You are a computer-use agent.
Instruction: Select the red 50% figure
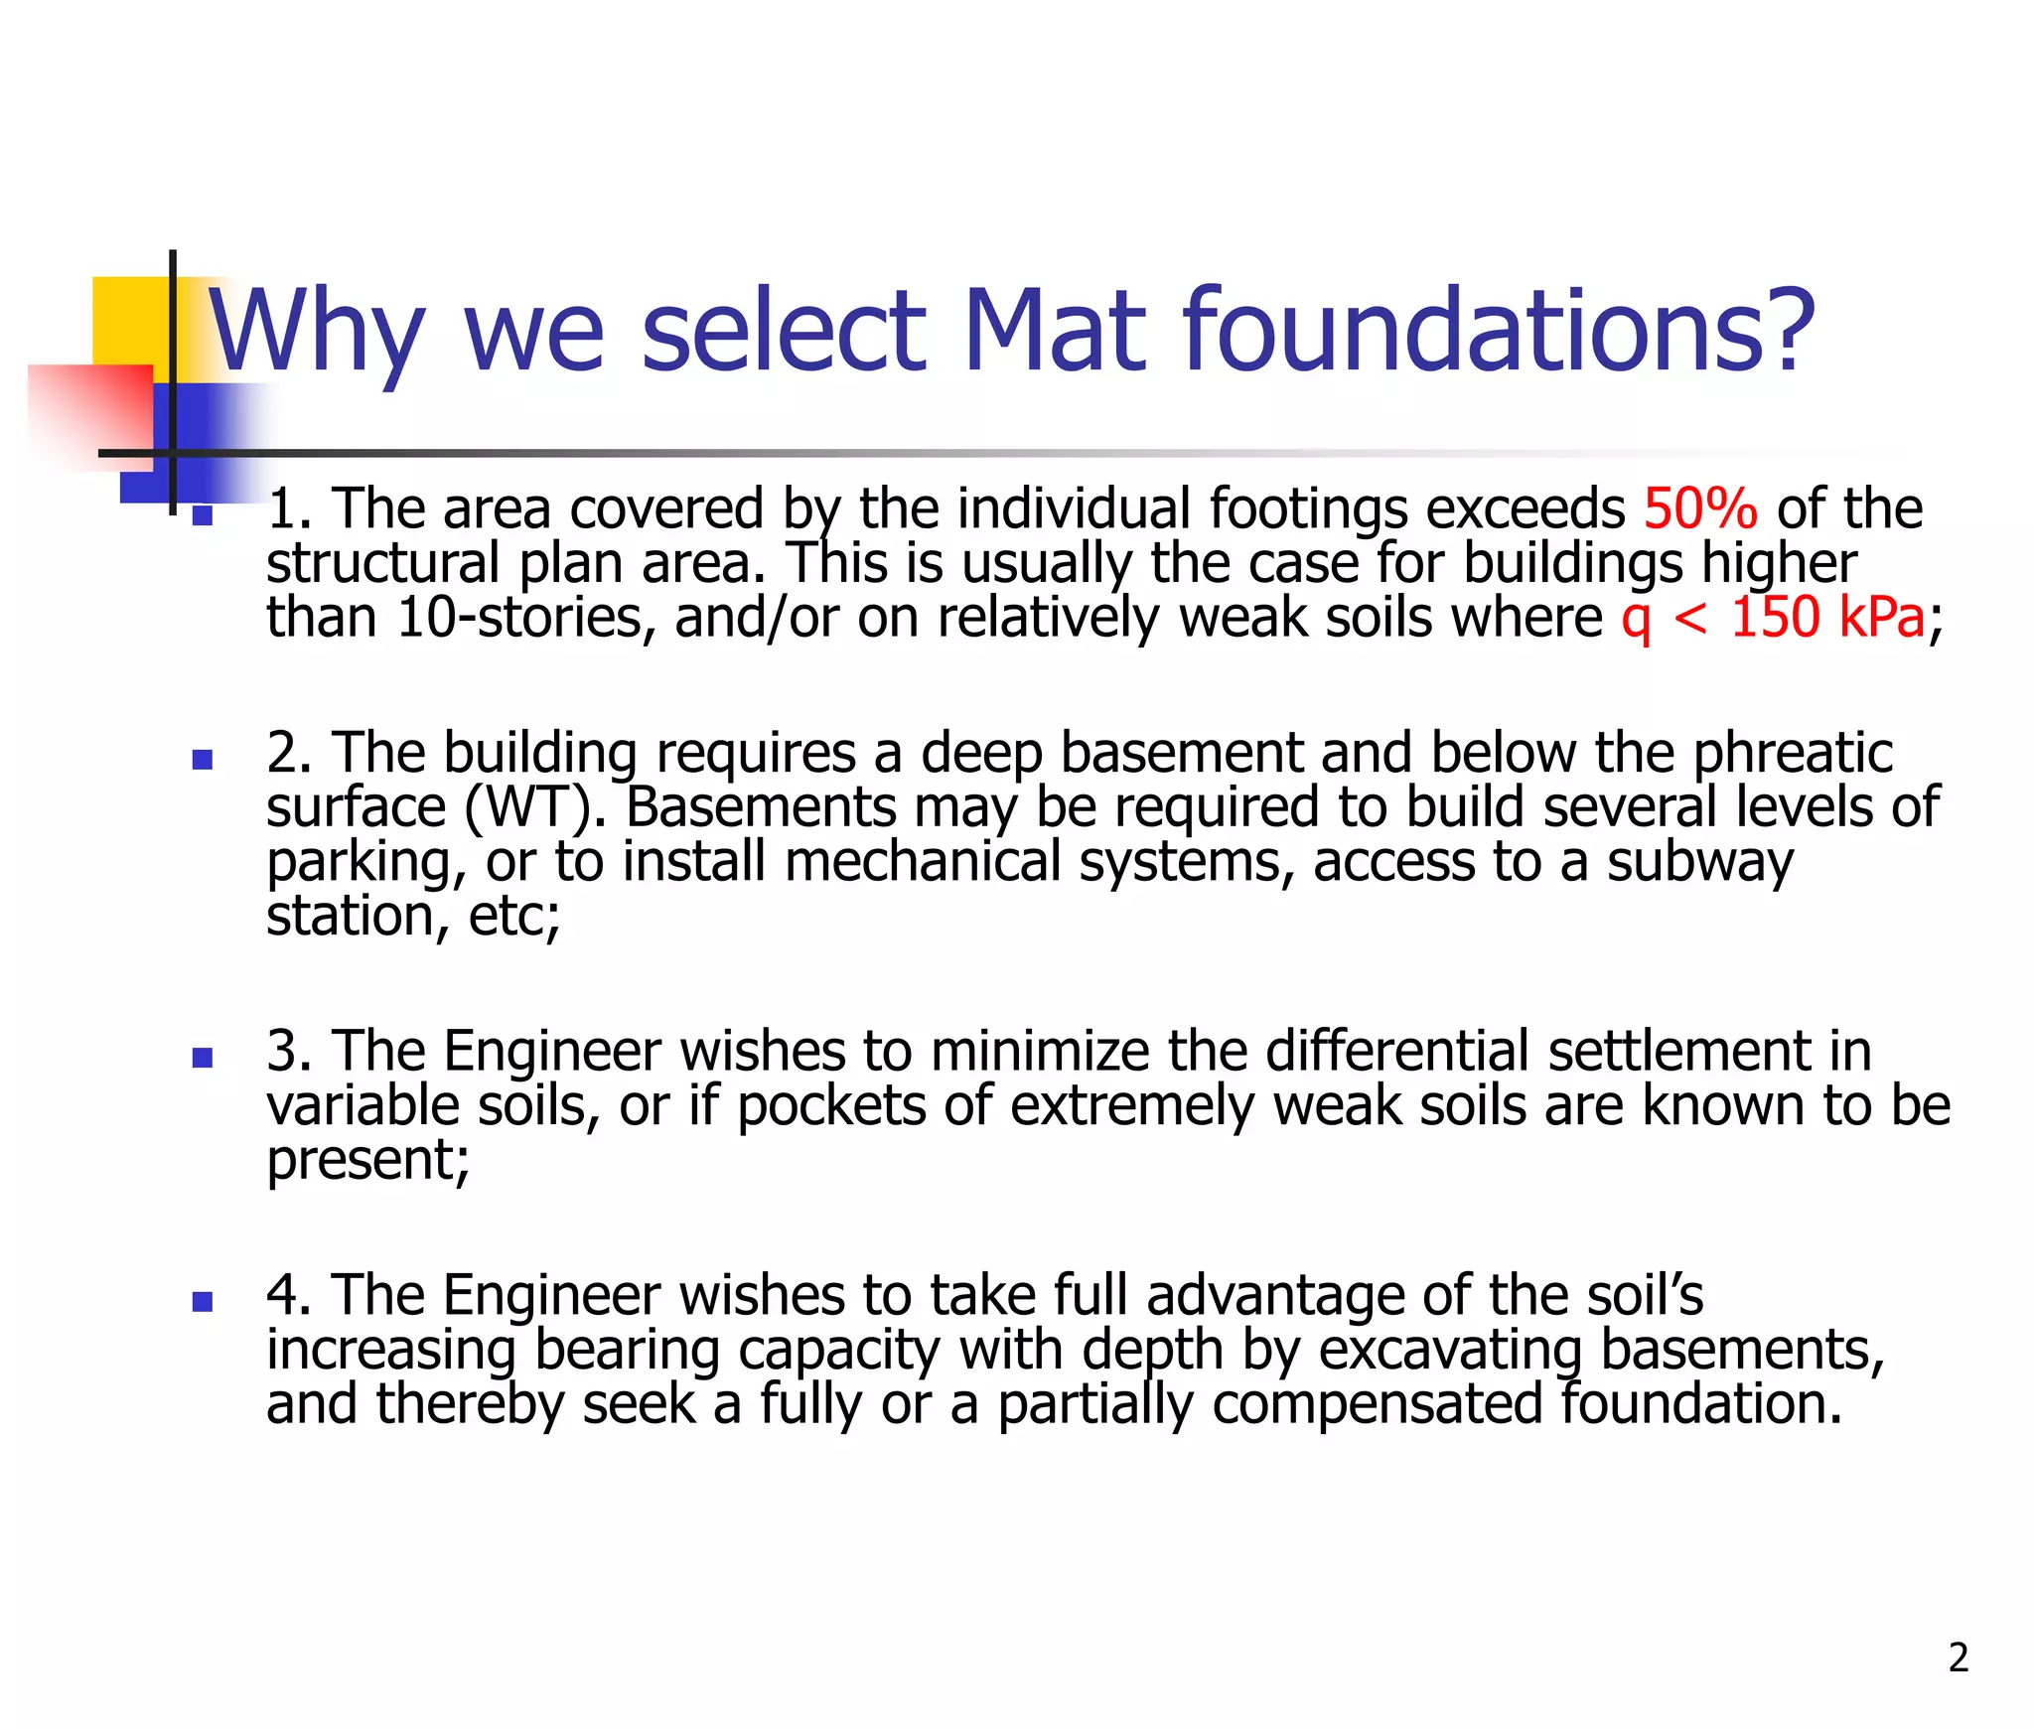pos(1699,508)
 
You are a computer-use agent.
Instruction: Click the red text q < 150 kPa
pos(1773,618)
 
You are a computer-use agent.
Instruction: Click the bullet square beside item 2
pos(203,760)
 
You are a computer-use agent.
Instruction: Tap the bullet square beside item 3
pos(203,1058)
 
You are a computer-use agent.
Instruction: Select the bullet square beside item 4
pos(203,1302)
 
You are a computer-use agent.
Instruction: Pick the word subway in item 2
pos(1700,862)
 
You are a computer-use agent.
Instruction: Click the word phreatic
pos(1793,753)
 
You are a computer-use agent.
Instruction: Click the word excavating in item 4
pos(1450,1351)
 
